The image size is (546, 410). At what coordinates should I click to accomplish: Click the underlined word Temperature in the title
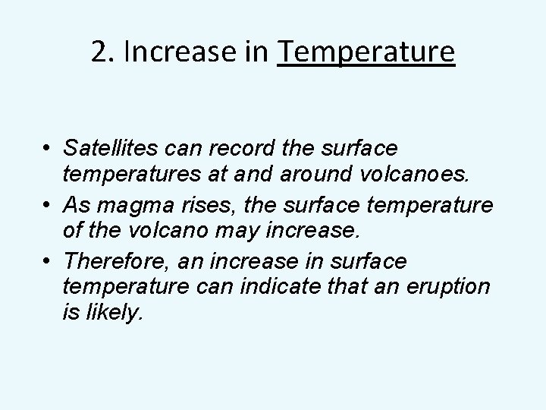tap(367, 52)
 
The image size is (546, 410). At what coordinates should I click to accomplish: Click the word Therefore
tap(118, 262)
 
